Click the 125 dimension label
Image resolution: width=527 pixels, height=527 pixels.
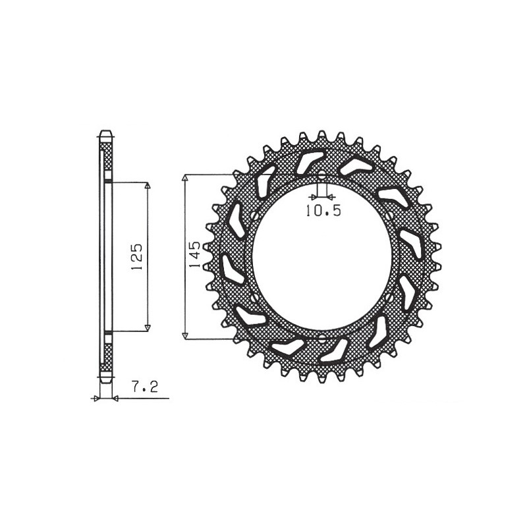click(x=137, y=256)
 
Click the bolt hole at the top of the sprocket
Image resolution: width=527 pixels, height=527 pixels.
click(x=321, y=176)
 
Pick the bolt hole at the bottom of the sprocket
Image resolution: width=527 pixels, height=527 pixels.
click(x=321, y=339)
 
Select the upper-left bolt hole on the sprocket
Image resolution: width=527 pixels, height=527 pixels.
click(x=254, y=216)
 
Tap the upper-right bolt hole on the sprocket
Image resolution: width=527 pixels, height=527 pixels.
click(x=390, y=216)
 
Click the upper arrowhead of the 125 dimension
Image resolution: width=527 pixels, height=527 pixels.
click(x=148, y=186)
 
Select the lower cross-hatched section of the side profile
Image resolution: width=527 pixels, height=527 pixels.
click(x=106, y=356)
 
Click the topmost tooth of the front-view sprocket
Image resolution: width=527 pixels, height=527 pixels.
click(x=321, y=135)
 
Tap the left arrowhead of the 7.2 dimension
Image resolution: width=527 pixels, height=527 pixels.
click(x=97, y=398)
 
